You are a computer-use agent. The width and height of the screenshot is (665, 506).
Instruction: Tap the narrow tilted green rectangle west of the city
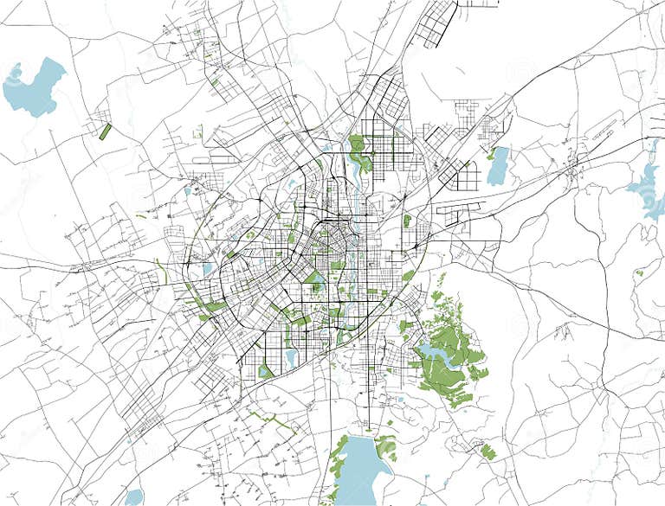point(106,131)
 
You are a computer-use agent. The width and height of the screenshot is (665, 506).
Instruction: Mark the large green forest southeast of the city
point(450,355)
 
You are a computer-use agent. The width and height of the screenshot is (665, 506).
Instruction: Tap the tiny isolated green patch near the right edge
point(639,273)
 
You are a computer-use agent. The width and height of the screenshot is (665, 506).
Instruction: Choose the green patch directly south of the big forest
point(489,451)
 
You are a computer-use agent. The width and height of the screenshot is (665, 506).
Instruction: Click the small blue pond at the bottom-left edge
point(133,497)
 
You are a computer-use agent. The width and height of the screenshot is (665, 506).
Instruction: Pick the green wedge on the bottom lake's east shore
point(385,447)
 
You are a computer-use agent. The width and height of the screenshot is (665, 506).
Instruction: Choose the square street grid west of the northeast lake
point(468,177)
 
